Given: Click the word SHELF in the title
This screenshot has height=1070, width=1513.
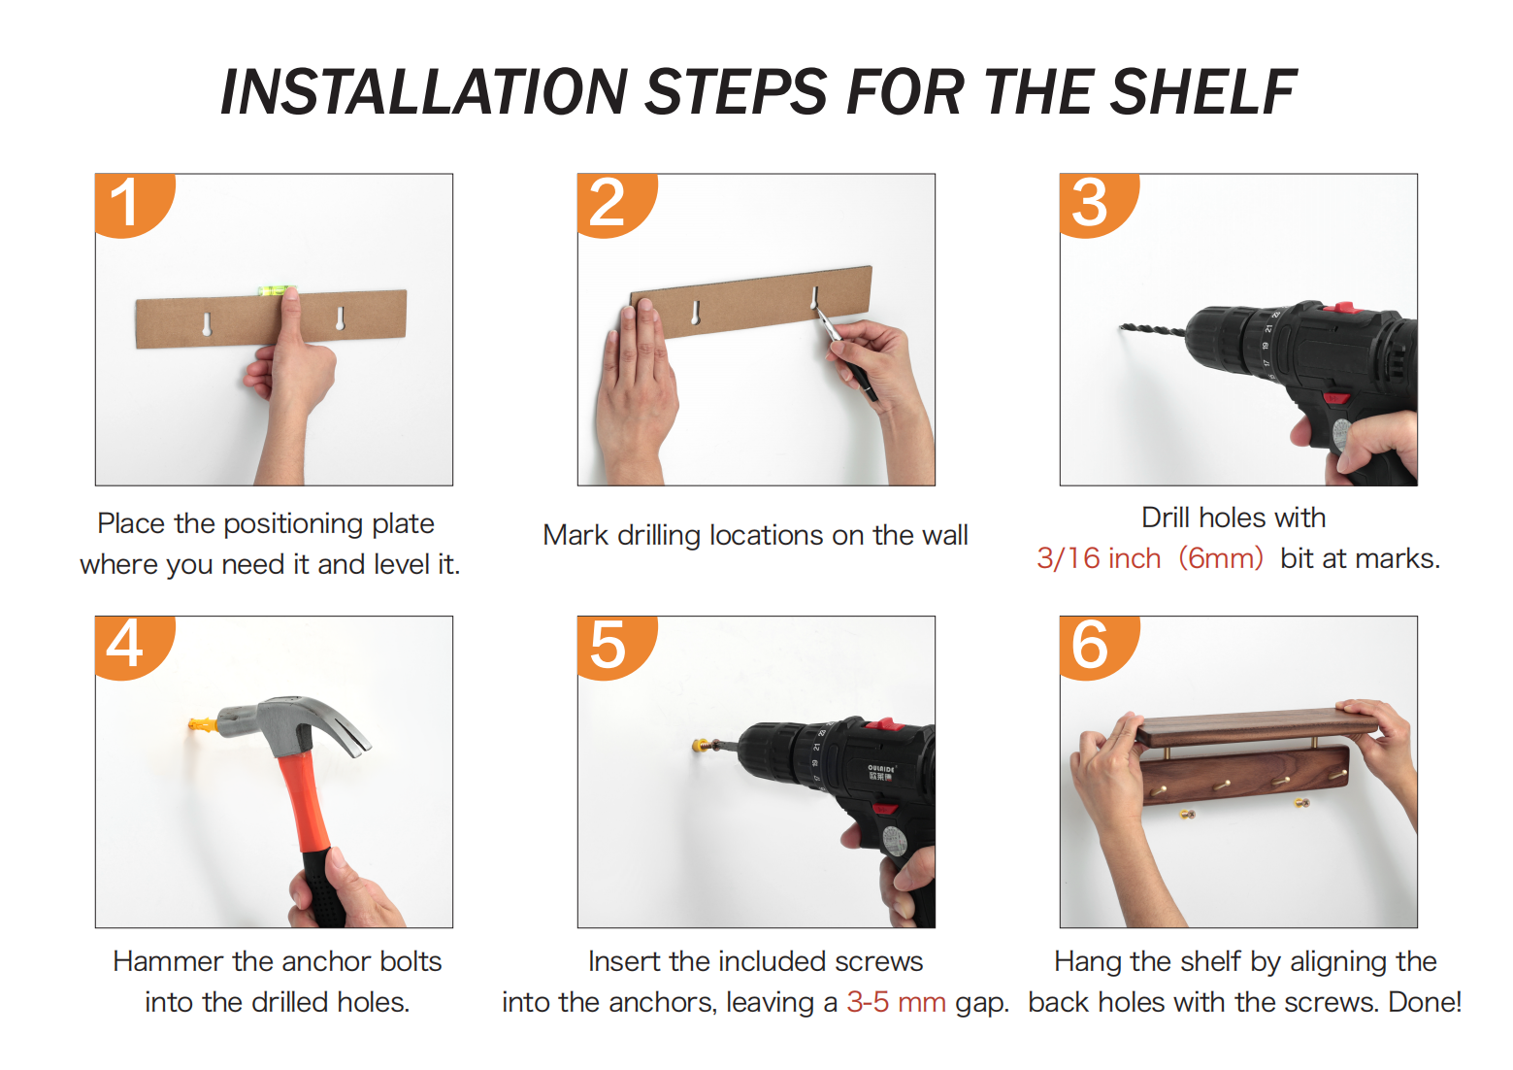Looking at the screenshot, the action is (x=1201, y=92).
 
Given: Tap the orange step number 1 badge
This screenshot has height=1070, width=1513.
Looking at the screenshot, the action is (x=132, y=204).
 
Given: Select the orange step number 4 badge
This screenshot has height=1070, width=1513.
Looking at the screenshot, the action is (x=132, y=646).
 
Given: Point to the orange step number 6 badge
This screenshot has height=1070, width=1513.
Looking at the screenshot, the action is (x=1097, y=646).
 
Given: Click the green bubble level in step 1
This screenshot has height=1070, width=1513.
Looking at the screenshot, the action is (x=277, y=290).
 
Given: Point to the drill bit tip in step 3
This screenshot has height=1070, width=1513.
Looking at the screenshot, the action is (x=1121, y=327).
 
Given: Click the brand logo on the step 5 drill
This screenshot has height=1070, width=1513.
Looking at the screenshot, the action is (x=881, y=773).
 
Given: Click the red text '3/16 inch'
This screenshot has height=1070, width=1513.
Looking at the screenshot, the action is (x=1099, y=559).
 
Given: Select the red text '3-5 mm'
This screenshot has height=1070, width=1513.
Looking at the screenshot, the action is (x=897, y=1002).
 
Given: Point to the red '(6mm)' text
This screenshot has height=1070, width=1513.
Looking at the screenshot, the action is (x=1221, y=559).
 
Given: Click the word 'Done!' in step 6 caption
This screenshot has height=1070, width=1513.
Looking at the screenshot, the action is (x=1425, y=1002).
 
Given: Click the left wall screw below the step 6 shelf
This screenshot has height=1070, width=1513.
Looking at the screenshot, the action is (x=1188, y=814).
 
